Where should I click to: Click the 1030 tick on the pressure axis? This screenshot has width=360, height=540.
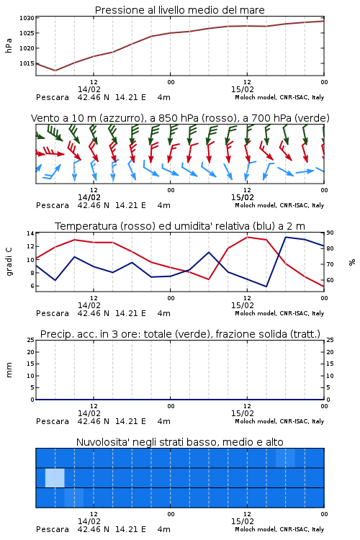tap(27, 18)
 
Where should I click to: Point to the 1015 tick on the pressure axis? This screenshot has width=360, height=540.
tap(27, 63)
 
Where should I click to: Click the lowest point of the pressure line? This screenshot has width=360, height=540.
tap(55, 71)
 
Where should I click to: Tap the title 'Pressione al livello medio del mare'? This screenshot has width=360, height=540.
tap(180, 10)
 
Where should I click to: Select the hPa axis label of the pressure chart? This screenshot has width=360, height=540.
tap(9, 45)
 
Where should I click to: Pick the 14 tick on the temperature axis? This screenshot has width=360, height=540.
tap(30, 233)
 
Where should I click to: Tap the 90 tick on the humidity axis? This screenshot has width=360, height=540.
tap(330, 233)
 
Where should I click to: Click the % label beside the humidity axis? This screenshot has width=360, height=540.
tap(352, 262)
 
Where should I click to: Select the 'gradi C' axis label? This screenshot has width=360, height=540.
tap(9, 261)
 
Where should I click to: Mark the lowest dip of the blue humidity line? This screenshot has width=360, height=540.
tap(266, 287)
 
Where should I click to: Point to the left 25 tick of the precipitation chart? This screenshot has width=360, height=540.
tap(31, 340)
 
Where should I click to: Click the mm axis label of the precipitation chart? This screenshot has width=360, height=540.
tap(9, 370)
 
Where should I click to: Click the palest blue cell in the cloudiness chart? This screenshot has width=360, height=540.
tap(55, 477)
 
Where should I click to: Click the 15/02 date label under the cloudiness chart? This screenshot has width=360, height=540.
tap(243, 521)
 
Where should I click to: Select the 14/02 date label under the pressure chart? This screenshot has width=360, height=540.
tap(89, 89)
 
